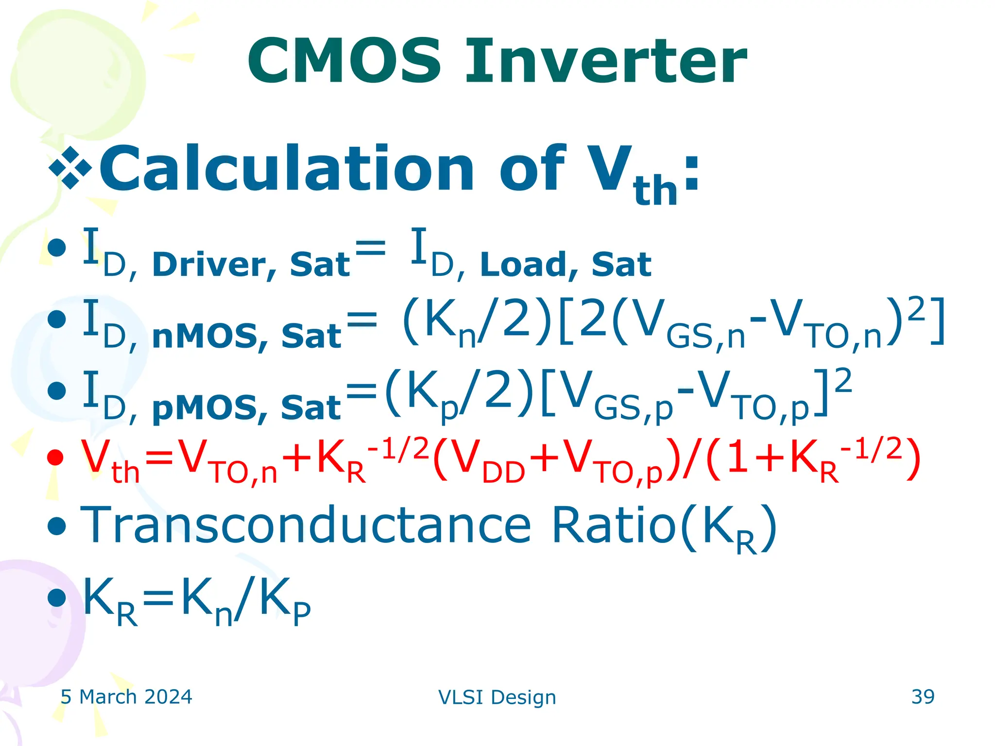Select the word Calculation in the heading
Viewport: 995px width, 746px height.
coord(287,169)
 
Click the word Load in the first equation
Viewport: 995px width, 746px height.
coord(522,265)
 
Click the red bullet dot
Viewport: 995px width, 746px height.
coord(55,458)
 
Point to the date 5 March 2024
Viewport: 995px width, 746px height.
coord(126,697)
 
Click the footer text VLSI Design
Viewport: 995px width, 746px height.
coord(497,697)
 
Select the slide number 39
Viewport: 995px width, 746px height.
coord(923,696)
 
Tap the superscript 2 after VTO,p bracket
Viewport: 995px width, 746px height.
coord(843,381)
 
